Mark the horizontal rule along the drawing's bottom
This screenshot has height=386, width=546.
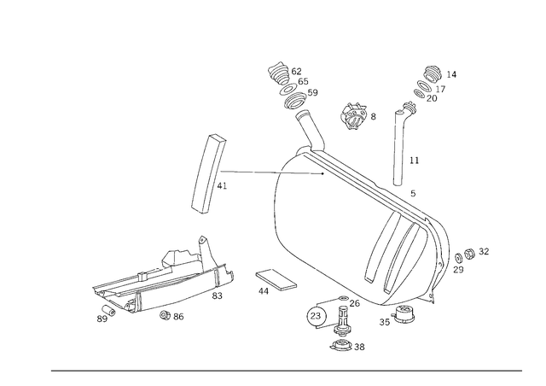pyautogui.click(x=286, y=371)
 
